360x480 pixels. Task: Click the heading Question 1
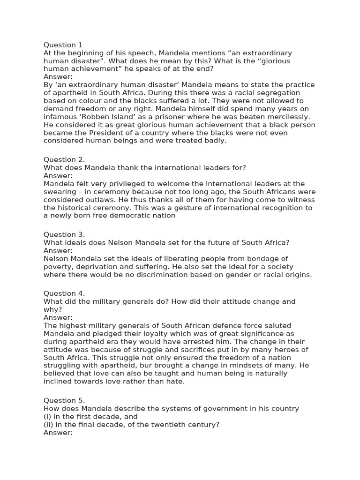tap(63, 45)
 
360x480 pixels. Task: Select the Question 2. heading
tap(64, 159)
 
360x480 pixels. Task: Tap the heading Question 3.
tap(64, 234)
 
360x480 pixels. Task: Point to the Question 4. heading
tap(64, 293)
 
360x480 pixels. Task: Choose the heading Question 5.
tap(64, 400)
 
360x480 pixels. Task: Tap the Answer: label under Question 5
tap(58, 432)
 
